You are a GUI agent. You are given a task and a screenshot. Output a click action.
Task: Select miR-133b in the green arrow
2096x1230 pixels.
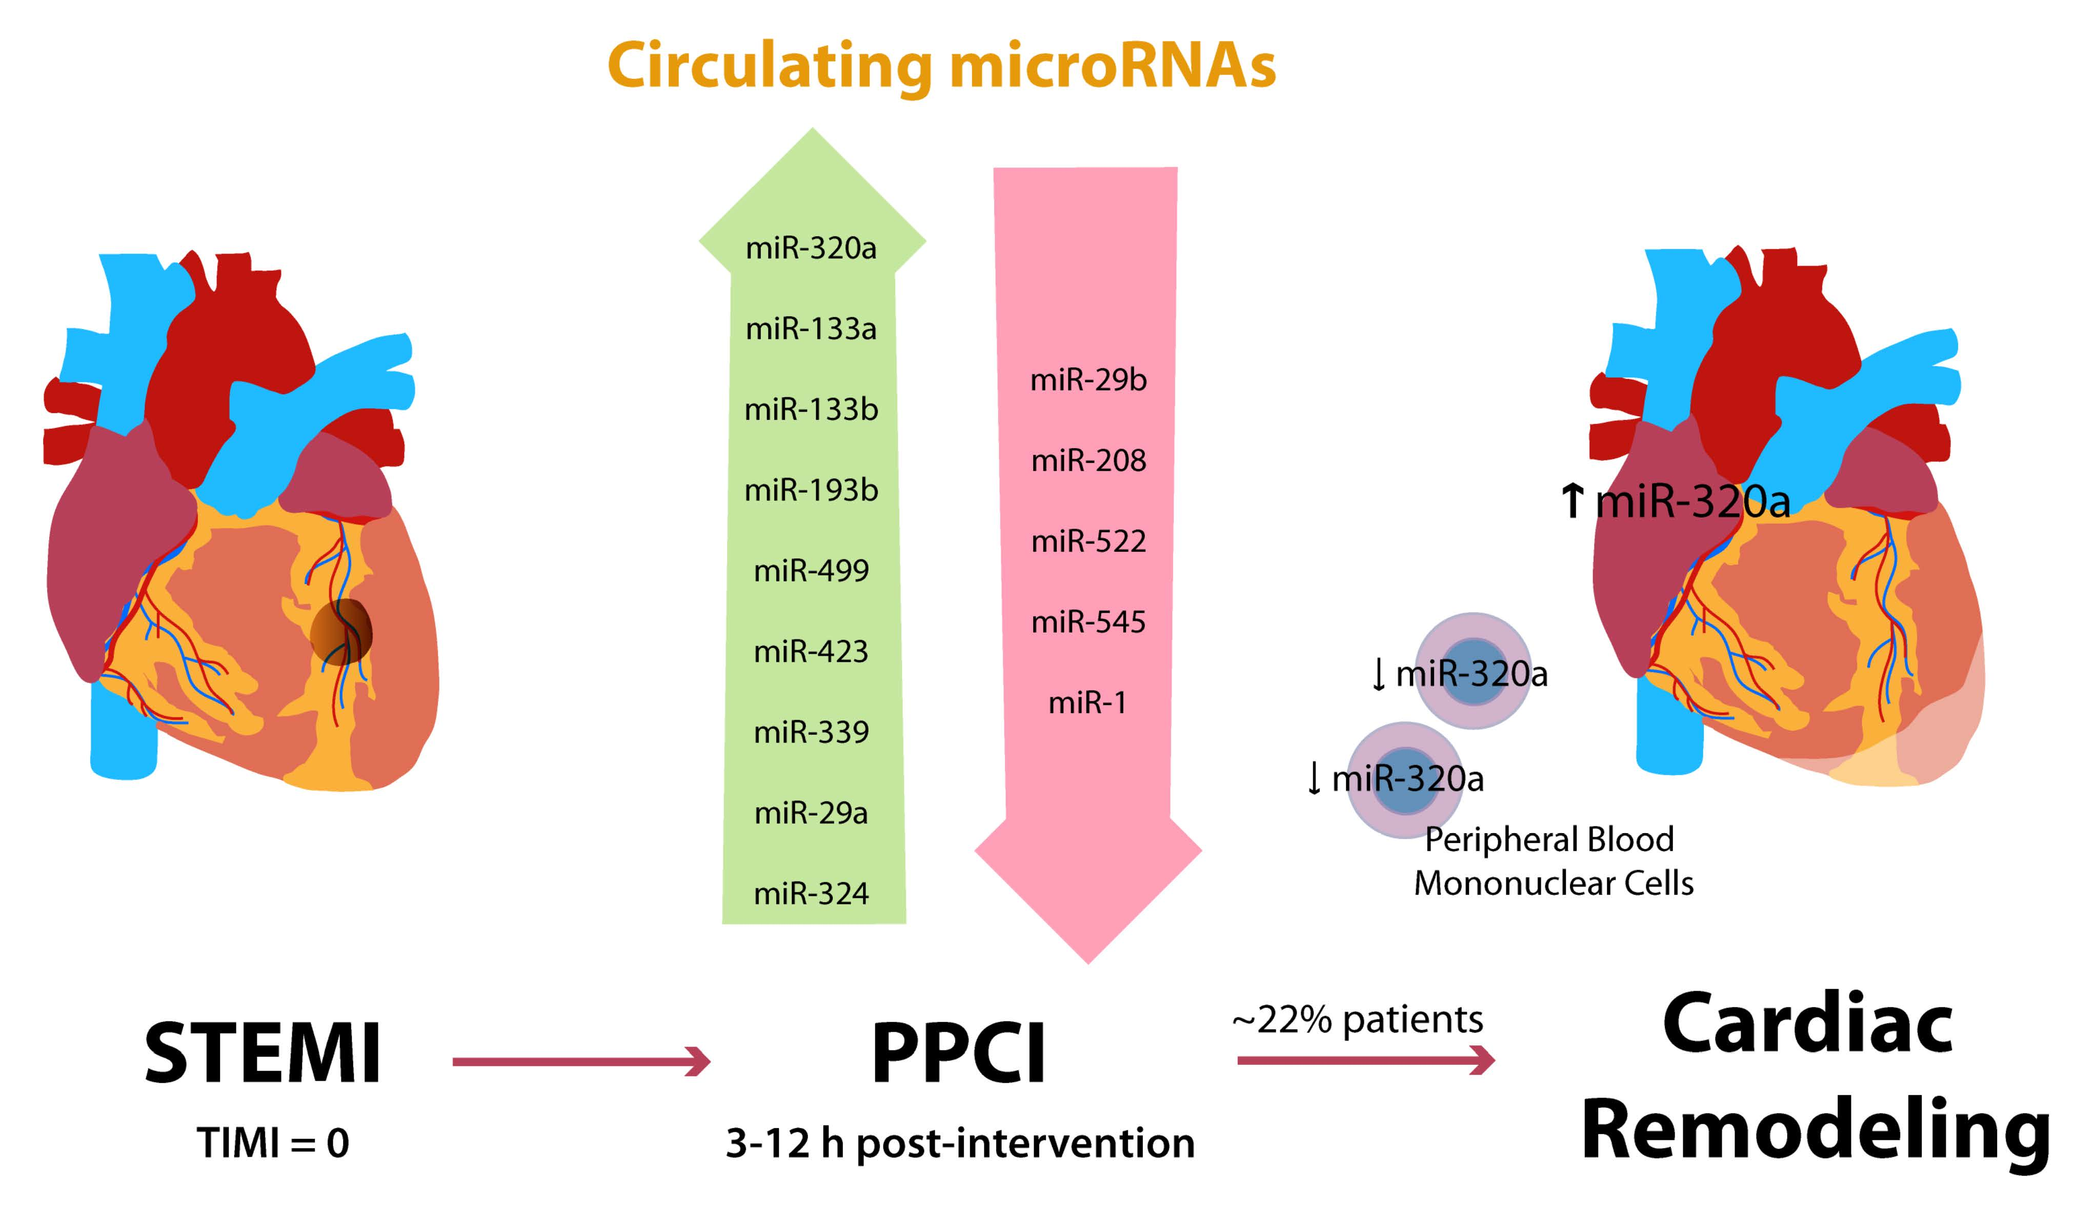[811, 409]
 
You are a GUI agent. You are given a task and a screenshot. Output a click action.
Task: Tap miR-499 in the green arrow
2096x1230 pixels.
[811, 571]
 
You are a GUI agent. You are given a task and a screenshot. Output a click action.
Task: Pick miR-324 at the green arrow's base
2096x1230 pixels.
[811, 893]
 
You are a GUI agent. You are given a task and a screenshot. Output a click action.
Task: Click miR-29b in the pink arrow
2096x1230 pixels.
[1088, 380]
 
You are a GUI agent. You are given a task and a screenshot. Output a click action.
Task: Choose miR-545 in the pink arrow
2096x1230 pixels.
[1088, 622]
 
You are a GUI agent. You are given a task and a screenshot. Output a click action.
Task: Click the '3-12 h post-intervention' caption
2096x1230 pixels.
[960, 1143]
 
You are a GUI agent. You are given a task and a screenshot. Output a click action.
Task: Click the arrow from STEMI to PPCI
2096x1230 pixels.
[580, 1062]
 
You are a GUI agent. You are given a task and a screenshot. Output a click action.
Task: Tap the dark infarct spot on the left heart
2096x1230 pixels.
[341, 632]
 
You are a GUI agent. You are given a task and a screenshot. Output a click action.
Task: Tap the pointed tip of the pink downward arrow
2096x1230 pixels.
[1088, 959]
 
